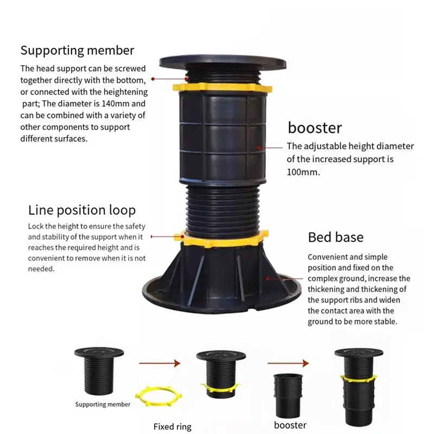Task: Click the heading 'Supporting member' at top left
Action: (77, 50)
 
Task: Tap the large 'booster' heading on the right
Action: (315, 127)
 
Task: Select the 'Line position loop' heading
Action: (82, 210)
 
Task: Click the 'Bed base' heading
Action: (336, 237)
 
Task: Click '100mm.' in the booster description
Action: (303, 172)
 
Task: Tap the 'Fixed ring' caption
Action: (173, 426)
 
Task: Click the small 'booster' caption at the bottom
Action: (290, 425)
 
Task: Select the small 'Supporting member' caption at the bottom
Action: (103, 404)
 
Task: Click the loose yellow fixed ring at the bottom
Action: (158, 396)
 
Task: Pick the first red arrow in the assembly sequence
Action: (159, 363)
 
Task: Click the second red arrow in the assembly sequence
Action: (288, 363)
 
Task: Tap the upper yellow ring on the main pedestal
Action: (222, 87)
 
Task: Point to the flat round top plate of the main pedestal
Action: (223, 62)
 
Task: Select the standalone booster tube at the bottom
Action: (288, 396)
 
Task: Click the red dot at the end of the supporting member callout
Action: (153, 79)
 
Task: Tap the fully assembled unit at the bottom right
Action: (359, 387)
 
